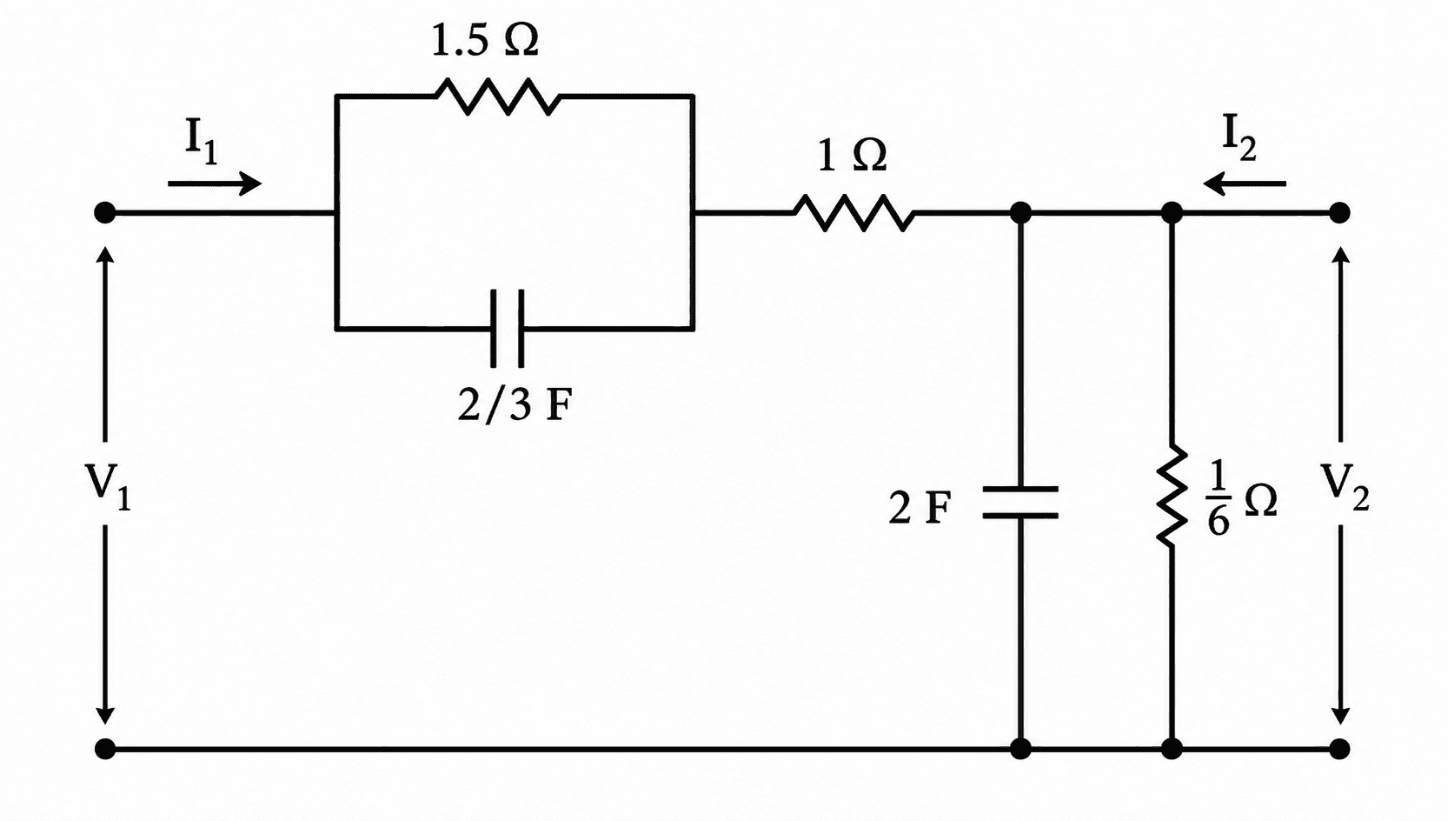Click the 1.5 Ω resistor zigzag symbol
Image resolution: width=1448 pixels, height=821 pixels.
click(x=497, y=97)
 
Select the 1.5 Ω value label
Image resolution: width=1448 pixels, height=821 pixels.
click(x=485, y=41)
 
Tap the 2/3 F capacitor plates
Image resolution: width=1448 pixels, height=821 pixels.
click(x=508, y=329)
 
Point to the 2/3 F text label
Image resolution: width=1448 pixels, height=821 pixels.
click(x=515, y=405)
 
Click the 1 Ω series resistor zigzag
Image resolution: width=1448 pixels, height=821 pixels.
click(x=854, y=212)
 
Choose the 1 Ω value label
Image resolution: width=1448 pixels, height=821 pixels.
click(x=852, y=157)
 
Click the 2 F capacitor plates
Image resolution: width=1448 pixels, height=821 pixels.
click(x=1020, y=503)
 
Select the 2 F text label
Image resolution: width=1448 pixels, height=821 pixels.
click(x=920, y=508)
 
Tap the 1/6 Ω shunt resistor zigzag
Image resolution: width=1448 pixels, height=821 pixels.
click(x=1172, y=496)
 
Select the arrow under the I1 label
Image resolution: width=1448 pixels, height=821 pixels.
click(x=215, y=184)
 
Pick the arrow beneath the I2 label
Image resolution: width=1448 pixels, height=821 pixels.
click(x=1245, y=184)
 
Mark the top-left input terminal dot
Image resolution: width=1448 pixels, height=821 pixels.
click(x=104, y=212)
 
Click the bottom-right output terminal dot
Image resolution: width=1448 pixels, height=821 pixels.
click(x=1340, y=749)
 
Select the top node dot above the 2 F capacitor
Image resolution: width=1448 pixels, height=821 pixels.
click(x=1020, y=212)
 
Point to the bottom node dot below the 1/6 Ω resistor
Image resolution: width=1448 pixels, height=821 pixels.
click(x=1172, y=749)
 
